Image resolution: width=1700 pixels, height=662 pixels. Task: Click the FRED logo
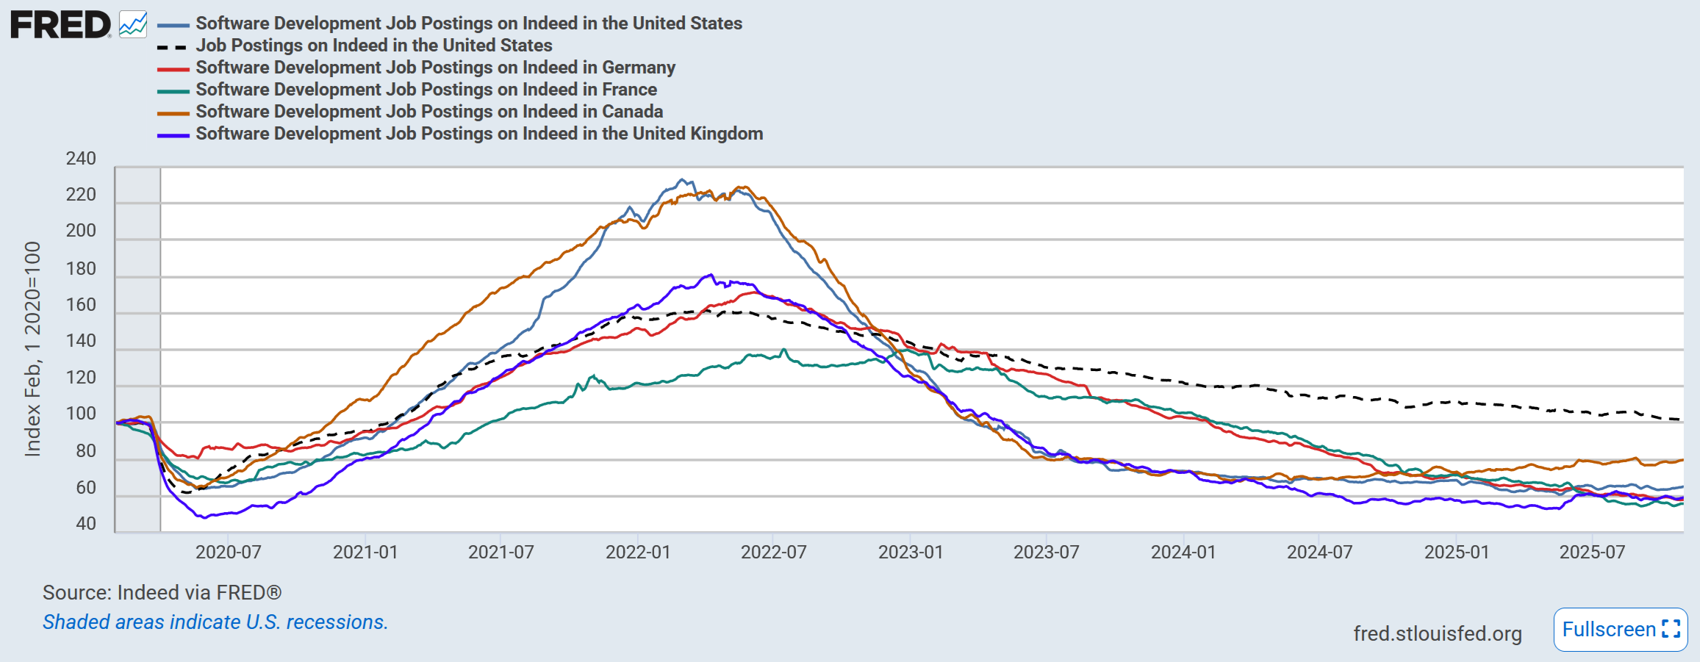[60, 25]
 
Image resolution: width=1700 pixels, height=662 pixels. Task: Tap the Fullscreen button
[1620, 630]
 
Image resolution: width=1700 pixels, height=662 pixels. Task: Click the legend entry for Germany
[435, 68]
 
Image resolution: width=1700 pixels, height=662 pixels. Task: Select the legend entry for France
[426, 90]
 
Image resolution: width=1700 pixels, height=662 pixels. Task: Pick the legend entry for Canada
[429, 112]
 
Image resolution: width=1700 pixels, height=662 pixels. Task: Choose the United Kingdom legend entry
[479, 134]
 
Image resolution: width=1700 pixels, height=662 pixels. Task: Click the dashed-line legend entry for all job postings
[373, 46]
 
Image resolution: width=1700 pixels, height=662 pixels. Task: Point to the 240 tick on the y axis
[81, 159]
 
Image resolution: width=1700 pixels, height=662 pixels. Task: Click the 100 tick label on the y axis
[81, 414]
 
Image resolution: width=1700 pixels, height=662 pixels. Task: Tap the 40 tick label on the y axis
[86, 524]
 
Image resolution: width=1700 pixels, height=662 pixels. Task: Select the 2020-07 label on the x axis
[228, 553]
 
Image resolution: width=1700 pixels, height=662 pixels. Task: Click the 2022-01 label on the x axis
[638, 553]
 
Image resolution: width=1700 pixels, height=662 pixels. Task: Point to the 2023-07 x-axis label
[1046, 553]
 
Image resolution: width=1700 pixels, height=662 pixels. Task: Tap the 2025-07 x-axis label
[1592, 553]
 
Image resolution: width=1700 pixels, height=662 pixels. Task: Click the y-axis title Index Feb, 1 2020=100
[32, 349]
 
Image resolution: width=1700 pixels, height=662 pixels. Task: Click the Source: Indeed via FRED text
[162, 593]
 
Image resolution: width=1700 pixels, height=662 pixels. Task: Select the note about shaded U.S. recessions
[215, 622]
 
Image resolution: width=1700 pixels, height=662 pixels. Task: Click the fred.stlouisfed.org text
[1437, 633]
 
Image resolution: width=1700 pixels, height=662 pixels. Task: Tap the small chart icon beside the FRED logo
[133, 25]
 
